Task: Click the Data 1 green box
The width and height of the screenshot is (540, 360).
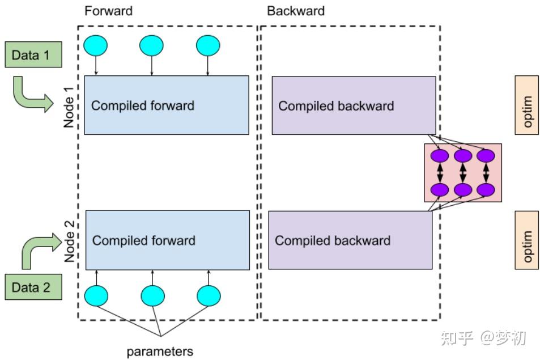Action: [33, 56]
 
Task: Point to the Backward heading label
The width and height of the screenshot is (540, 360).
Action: [296, 11]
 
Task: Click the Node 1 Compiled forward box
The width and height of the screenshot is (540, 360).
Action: [166, 105]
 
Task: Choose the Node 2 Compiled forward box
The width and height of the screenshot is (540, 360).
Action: [167, 240]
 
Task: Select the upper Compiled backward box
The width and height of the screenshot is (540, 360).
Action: [354, 105]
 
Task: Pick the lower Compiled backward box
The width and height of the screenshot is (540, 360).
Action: [350, 240]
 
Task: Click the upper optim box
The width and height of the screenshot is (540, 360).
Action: [526, 105]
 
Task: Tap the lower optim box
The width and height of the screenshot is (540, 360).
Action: [526, 240]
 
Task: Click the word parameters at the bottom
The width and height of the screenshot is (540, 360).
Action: [160, 351]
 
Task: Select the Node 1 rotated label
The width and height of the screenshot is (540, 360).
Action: [69, 105]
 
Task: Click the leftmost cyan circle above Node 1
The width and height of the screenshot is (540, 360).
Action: [95, 46]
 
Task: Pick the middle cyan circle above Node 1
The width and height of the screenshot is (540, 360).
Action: [151, 46]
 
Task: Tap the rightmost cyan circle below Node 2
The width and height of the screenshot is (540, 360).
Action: [209, 295]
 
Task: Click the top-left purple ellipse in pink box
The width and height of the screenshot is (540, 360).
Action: [440, 155]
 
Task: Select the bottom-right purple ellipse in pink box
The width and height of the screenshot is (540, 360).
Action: [486, 189]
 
